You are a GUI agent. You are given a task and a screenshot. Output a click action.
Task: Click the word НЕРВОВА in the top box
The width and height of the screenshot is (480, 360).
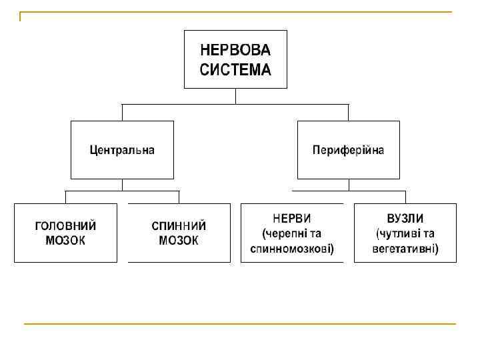235,51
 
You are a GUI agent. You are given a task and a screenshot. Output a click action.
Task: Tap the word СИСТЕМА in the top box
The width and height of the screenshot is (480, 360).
235,69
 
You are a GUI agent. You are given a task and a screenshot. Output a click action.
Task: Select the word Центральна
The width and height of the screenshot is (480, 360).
122,150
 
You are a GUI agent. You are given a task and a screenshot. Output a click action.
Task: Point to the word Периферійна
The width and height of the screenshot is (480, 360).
348,150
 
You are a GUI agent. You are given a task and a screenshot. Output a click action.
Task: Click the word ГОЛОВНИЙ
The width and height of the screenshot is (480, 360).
65,225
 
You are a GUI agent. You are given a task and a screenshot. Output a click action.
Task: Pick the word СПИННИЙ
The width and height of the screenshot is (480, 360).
179,225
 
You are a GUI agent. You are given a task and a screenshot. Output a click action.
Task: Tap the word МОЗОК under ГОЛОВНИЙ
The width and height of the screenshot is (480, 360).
65,241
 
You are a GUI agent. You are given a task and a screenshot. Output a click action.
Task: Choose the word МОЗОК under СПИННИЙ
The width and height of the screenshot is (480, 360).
179,241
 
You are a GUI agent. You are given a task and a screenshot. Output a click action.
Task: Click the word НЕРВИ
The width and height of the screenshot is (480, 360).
292,219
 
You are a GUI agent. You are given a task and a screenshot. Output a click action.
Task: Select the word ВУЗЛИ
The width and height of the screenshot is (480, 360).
405,219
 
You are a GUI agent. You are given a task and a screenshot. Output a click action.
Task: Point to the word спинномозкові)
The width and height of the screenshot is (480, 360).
292,249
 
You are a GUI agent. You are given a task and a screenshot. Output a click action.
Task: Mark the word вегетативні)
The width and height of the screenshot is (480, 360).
405,249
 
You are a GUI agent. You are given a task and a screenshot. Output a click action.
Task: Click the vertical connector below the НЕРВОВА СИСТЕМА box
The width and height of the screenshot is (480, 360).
235,96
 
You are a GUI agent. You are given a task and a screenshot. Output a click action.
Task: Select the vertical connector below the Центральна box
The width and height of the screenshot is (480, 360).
122,185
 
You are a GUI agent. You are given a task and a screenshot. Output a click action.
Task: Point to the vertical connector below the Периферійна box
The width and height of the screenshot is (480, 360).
348,185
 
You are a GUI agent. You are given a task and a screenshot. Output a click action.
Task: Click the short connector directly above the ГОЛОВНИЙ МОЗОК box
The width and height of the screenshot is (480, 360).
65,197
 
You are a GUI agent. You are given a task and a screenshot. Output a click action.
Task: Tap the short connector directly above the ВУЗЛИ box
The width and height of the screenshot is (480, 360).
405,197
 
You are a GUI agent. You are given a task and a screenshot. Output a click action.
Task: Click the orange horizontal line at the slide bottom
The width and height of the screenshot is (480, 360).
240,324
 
